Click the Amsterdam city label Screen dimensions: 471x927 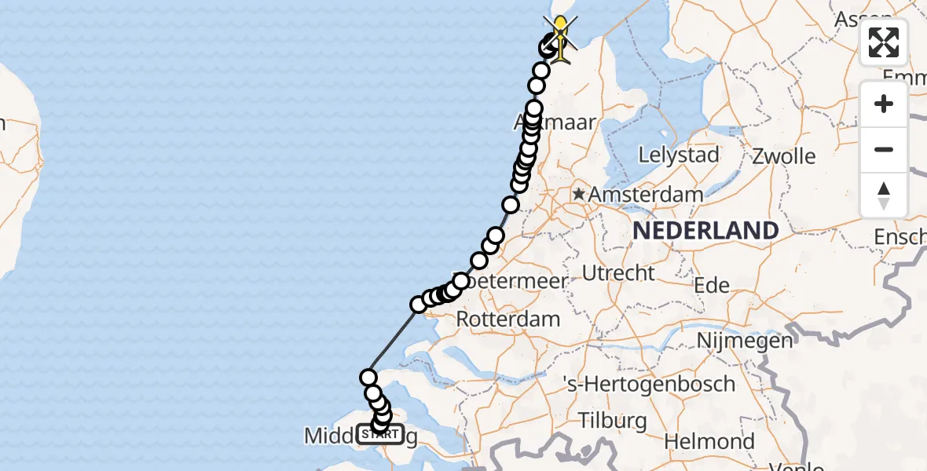[646, 194]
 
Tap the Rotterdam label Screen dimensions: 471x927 [507, 319]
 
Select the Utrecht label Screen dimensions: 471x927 [618, 273]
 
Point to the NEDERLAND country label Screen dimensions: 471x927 [706, 231]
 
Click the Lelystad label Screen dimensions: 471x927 [679, 155]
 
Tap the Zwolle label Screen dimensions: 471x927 [783, 155]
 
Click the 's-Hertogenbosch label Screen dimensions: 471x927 [650, 385]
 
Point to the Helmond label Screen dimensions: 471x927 [709, 441]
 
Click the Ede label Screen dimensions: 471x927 [712, 286]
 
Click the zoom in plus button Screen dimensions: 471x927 [884, 104]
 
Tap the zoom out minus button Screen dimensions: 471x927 [884, 149]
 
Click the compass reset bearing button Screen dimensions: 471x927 [884, 195]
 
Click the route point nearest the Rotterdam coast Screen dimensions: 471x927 [419, 304]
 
